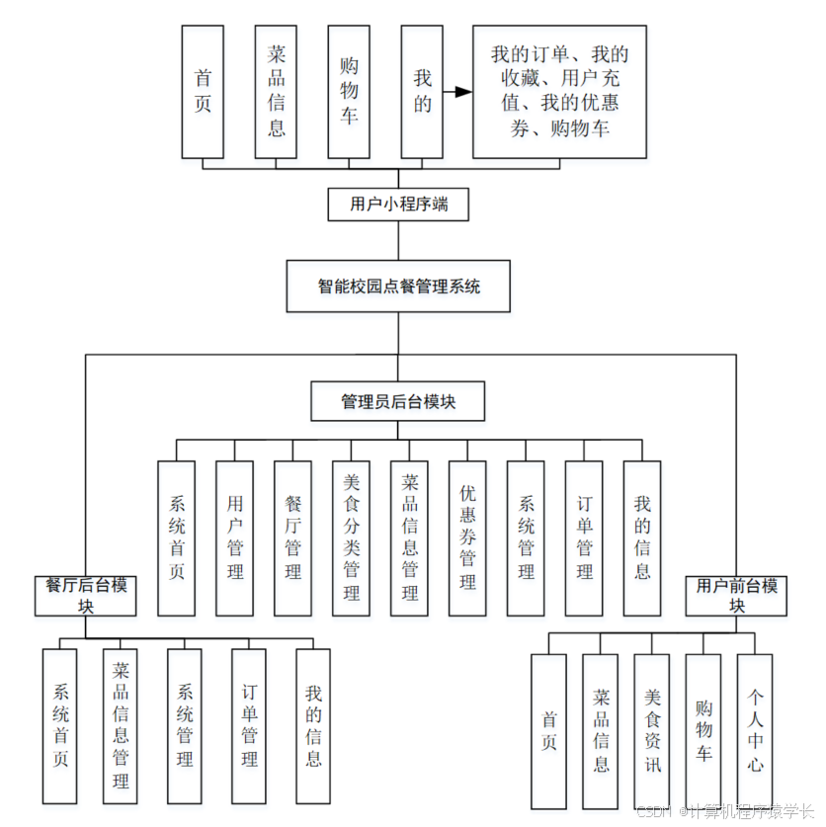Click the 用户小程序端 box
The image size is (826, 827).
pyautogui.click(x=398, y=205)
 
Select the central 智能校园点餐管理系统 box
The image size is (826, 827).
pyautogui.click(x=398, y=287)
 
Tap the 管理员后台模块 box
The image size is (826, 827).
pyautogui.click(x=398, y=401)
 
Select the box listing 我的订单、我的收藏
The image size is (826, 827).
pyautogui.click(x=559, y=92)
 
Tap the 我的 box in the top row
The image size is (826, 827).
pyautogui.click(x=422, y=92)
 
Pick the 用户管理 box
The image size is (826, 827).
pyautogui.click(x=235, y=538)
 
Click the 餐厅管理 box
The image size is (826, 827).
pyautogui.click(x=293, y=538)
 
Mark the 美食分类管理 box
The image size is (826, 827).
pyautogui.click(x=352, y=538)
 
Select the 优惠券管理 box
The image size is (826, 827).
pyautogui.click(x=467, y=538)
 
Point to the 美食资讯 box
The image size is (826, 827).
pyautogui.click(x=652, y=731)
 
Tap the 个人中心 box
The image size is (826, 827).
pyautogui.click(x=755, y=731)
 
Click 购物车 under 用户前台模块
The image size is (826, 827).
pyautogui.click(x=703, y=731)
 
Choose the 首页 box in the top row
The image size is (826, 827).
pyautogui.click(x=203, y=92)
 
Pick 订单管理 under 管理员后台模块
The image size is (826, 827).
pyautogui.click(x=584, y=538)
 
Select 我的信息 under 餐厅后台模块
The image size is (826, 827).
pyautogui.click(x=313, y=726)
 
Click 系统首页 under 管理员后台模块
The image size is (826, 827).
pyautogui.click(x=177, y=538)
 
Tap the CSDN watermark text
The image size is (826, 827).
pyautogui.click(x=725, y=811)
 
